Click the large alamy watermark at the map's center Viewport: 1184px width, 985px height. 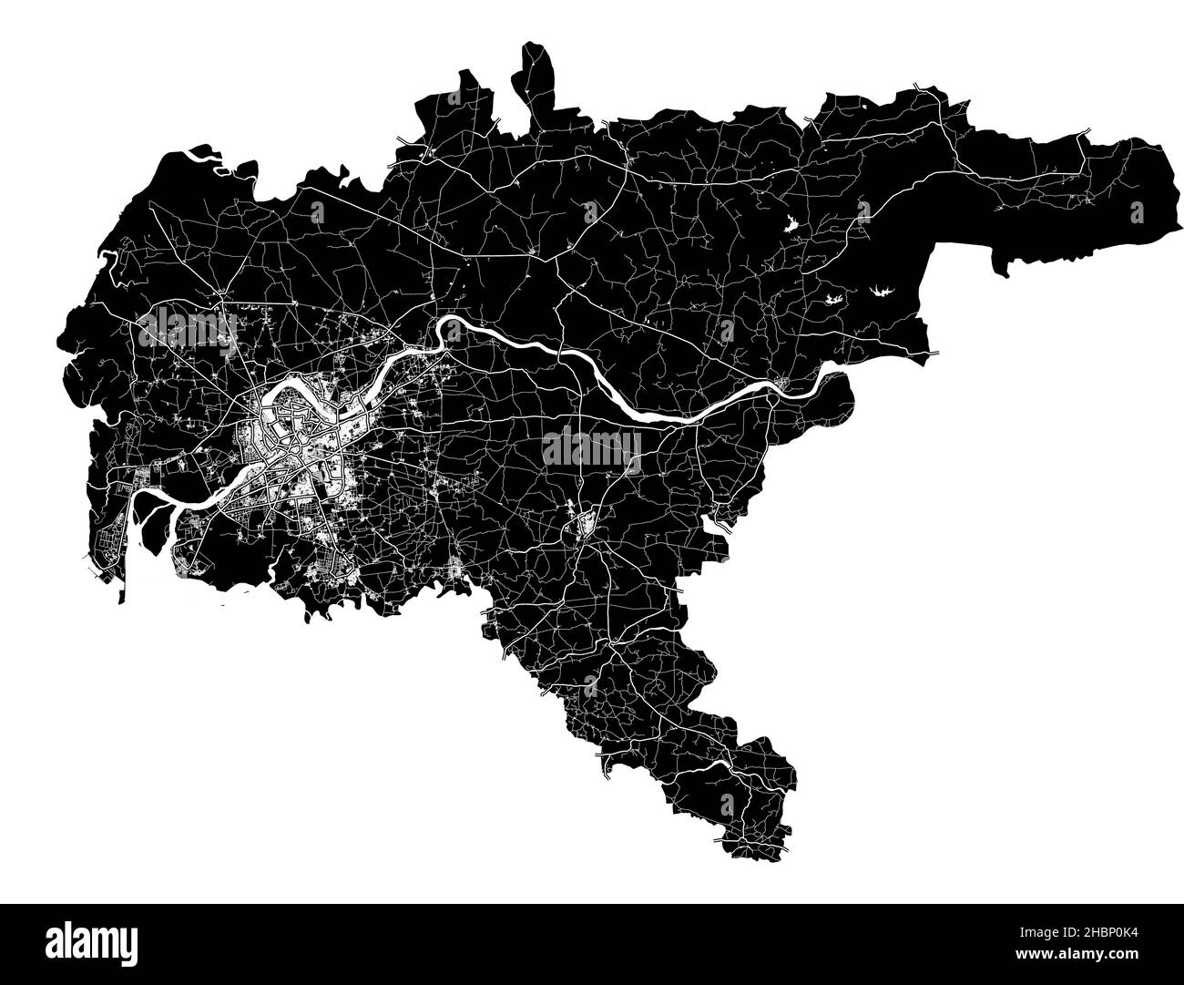pos(591,447)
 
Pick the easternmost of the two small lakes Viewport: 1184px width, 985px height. pos(880,292)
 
